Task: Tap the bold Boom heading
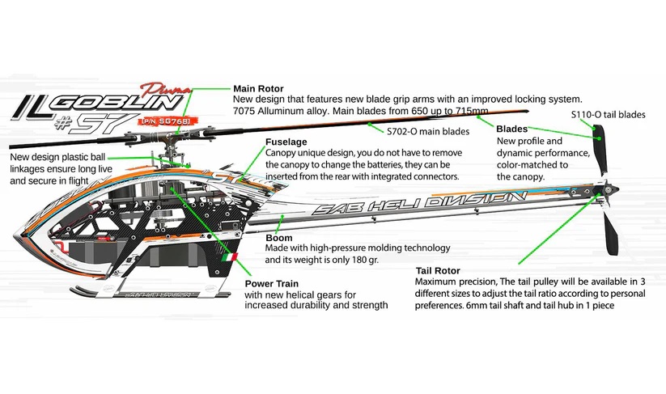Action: pos(279,239)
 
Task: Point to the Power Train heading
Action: pos(272,284)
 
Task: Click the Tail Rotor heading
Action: pos(438,270)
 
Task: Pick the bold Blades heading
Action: pos(511,129)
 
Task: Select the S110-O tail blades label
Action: pos(608,114)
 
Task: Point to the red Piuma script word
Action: pos(160,87)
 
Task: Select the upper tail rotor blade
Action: pos(601,153)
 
